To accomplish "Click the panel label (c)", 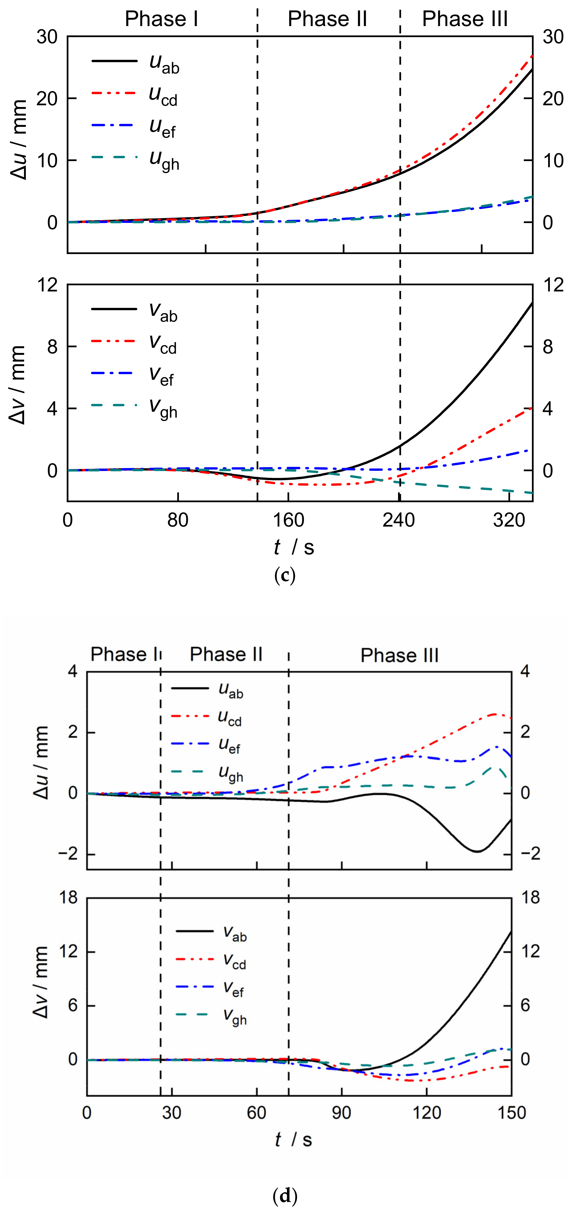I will pyautogui.click(x=285, y=576).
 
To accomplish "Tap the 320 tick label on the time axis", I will pyautogui.click(x=509, y=520).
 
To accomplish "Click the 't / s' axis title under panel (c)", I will pyautogui.click(x=293, y=547).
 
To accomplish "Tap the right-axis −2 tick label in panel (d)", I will pyautogui.click(x=530, y=854).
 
